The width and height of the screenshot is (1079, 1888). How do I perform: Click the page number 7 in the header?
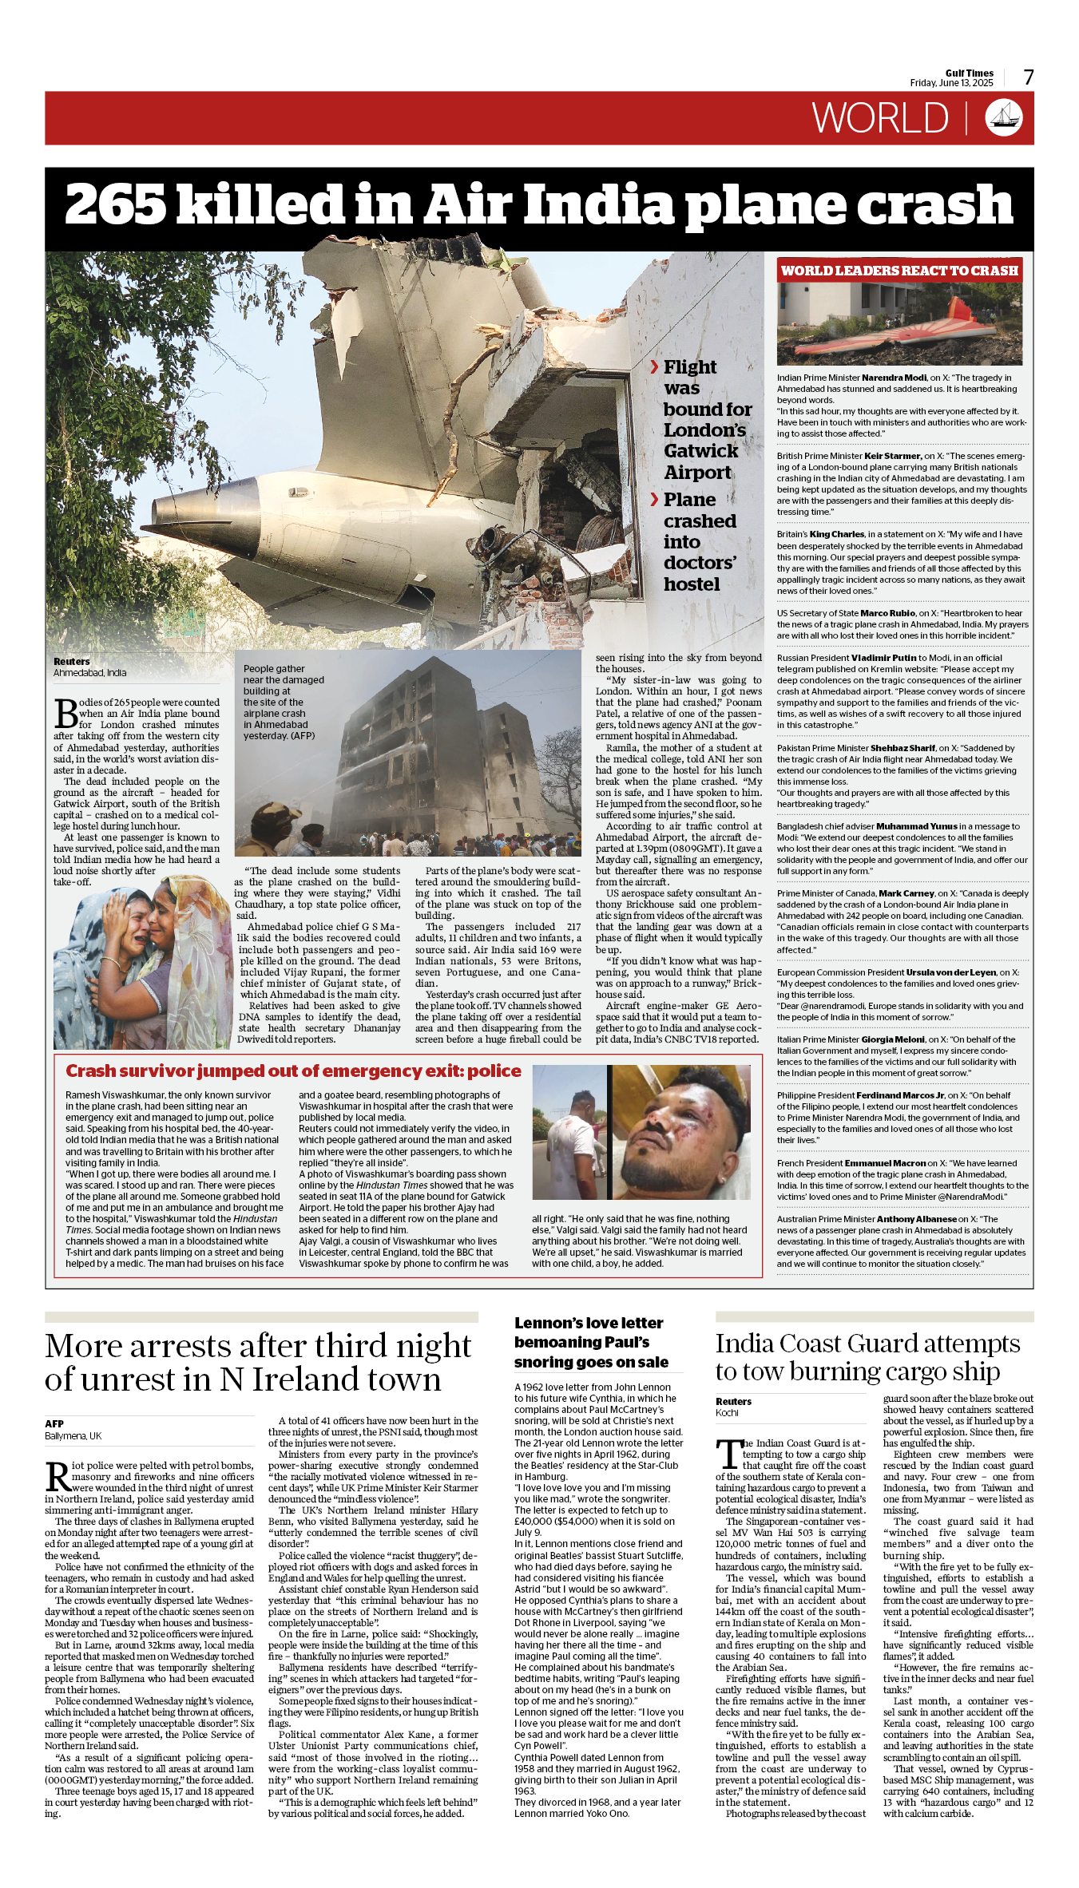pos(1029,77)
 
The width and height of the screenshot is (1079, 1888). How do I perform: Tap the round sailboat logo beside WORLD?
pos(1004,118)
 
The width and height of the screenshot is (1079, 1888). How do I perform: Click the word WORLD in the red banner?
pos(880,119)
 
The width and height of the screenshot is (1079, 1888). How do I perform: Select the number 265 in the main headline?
pos(113,204)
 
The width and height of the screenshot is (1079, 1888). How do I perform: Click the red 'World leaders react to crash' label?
pos(899,271)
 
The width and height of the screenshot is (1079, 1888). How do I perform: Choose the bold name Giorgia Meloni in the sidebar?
pos(893,1039)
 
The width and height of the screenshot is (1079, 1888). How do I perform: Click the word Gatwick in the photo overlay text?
pos(700,451)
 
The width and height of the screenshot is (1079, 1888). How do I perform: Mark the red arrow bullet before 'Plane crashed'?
pos(654,500)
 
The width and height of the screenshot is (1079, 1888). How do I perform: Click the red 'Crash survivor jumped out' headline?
pos(293,1071)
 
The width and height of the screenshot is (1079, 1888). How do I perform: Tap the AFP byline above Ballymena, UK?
pos(54,1423)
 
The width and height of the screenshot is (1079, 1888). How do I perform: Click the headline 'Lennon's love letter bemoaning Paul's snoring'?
pos(591,1342)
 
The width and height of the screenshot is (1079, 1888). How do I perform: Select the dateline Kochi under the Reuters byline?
pos(727,1412)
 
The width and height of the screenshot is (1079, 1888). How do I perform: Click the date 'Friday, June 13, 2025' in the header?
pos(951,83)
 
